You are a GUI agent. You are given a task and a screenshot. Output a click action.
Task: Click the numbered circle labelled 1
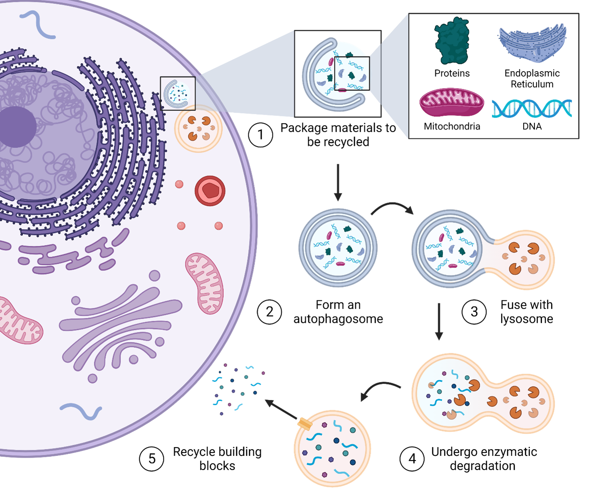[x=261, y=135]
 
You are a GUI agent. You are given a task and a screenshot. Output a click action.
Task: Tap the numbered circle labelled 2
[x=270, y=312]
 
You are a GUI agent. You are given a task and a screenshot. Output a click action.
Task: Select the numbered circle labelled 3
[x=474, y=312]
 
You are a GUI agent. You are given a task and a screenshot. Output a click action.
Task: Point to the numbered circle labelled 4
[x=412, y=458]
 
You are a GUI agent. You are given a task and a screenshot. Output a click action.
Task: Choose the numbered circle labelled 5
[x=152, y=458]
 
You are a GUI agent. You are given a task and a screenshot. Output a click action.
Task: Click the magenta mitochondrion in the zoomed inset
[x=452, y=102]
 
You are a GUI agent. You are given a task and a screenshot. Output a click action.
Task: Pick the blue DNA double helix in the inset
[x=532, y=108]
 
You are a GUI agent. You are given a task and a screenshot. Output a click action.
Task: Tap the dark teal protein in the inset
[x=452, y=41]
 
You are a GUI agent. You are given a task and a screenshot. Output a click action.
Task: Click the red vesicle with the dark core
[x=210, y=191]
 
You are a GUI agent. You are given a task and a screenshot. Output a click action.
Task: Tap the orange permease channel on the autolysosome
[x=305, y=424]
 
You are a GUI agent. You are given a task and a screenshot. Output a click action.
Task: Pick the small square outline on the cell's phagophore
[x=178, y=94]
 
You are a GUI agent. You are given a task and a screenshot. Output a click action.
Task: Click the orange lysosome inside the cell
[x=198, y=129]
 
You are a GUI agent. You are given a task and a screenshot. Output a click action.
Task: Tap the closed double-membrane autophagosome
[x=338, y=248]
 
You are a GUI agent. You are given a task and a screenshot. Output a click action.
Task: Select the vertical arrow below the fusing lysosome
[x=438, y=321]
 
